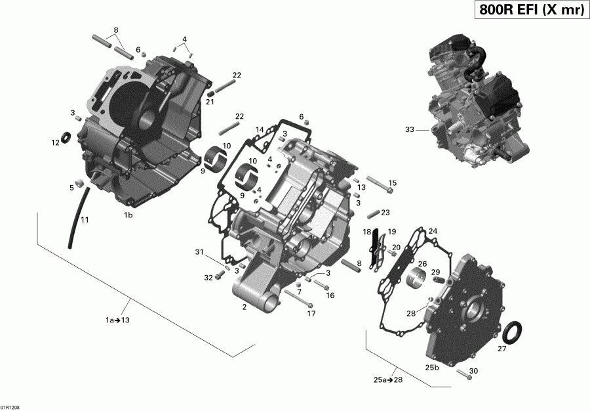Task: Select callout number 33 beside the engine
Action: [x=410, y=130]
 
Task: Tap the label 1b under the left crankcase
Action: [x=128, y=215]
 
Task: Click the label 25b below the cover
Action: [x=432, y=367]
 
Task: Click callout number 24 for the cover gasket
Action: [x=432, y=231]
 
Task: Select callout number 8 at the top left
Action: [x=116, y=30]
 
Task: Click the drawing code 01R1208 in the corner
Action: [x=11, y=406]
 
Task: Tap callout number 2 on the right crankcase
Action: [x=244, y=307]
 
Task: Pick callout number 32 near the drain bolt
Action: [x=208, y=278]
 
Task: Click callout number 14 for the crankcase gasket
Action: [x=260, y=129]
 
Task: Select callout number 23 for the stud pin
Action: [x=385, y=212]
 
